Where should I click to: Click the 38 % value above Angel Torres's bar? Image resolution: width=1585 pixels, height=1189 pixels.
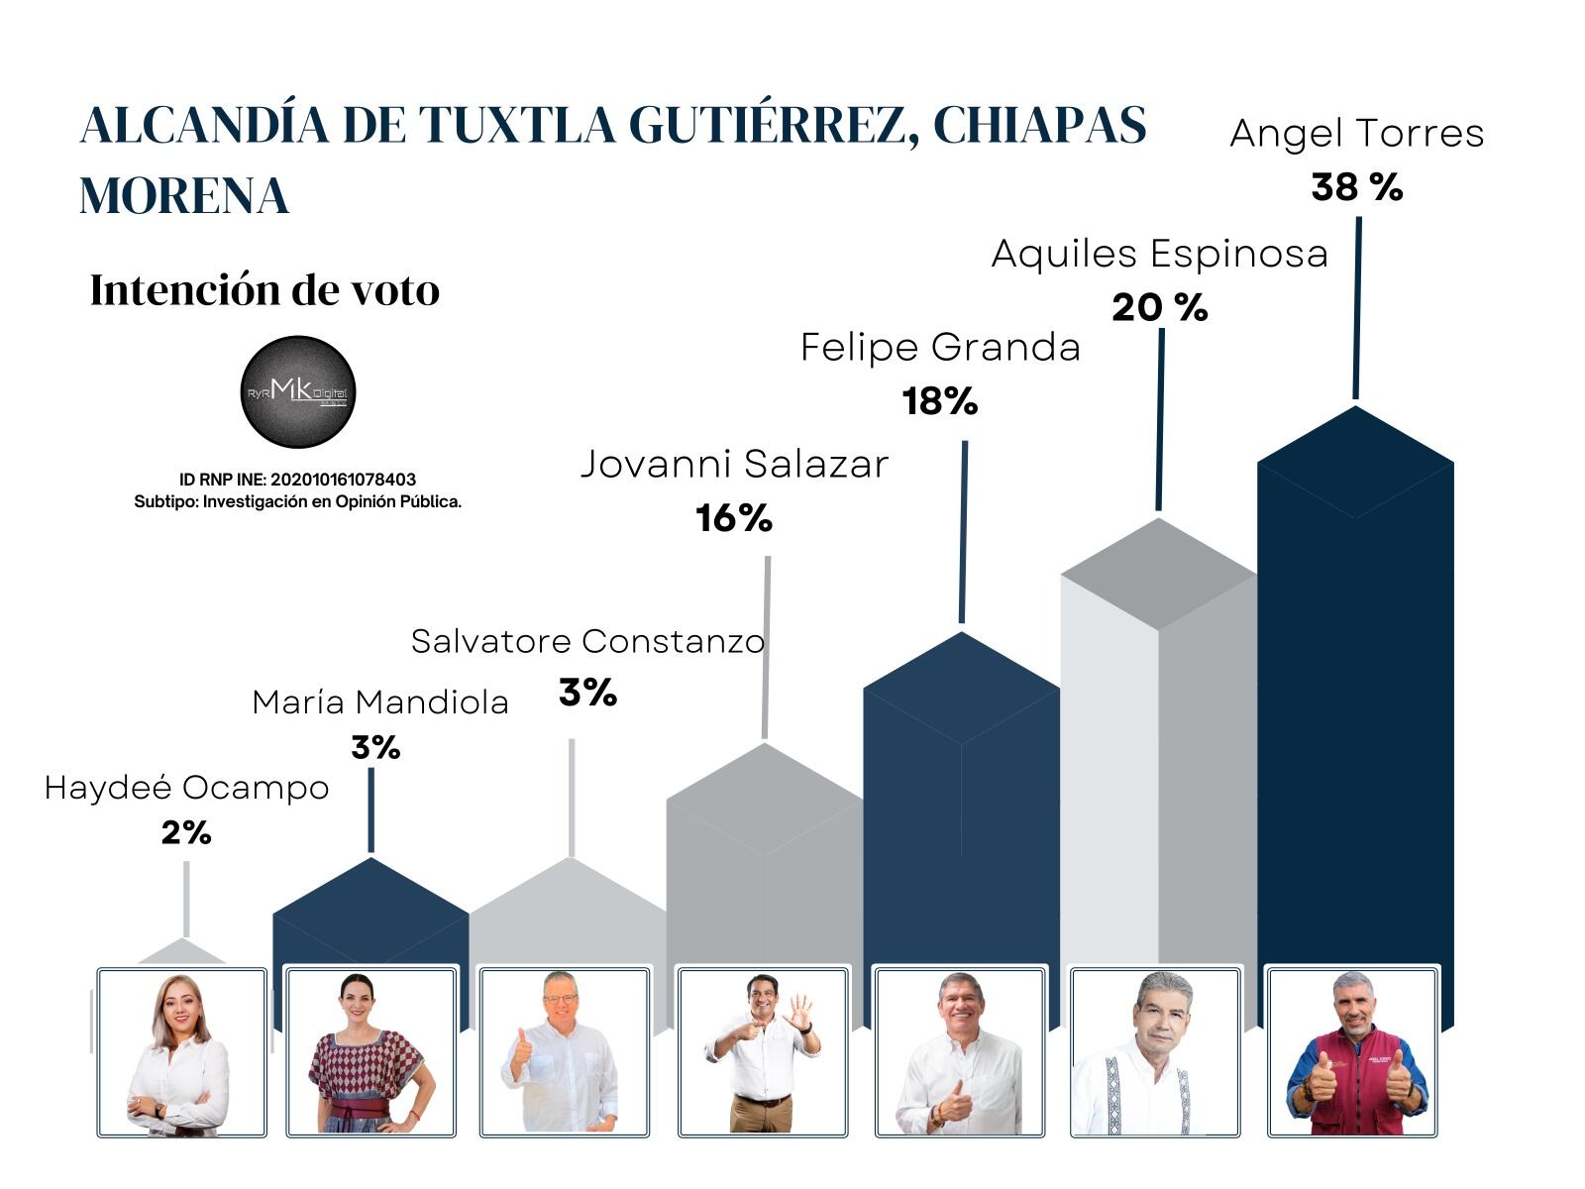tap(1356, 187)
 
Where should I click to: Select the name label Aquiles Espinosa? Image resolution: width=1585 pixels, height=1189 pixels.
tap(1159, 254)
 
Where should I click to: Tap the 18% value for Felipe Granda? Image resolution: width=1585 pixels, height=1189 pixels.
tap(939, 401)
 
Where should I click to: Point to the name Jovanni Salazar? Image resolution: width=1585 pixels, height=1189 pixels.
tap(734, 464)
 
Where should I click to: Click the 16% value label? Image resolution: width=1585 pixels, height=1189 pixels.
tap(733, 518)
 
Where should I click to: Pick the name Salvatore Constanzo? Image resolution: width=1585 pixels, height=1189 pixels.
tap(587, 641)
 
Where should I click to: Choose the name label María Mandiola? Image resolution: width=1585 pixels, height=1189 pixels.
tap(380, 702)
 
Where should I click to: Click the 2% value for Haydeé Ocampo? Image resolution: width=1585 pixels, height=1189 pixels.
tap(186, 833)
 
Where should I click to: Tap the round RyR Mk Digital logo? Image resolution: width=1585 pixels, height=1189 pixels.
tap(297, 392)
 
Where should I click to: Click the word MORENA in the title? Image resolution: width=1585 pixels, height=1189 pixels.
tap(184, 195)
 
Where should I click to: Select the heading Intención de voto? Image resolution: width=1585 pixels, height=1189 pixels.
tap(264, 290)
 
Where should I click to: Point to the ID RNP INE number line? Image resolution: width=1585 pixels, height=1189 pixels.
tap(297, 480)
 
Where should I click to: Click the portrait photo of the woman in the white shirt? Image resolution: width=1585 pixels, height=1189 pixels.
tap(181, 1052)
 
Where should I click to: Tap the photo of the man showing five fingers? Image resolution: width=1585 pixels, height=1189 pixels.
tap(763, 1052)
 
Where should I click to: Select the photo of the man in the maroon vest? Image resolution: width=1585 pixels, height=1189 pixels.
tap(1352, 1052)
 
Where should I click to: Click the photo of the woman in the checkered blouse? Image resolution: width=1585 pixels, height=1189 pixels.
tap(370, 1052)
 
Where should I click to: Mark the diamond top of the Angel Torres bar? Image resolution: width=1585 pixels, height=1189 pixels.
tap(1355, 462)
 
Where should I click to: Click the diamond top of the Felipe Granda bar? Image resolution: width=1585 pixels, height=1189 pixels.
tap(961, 688)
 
